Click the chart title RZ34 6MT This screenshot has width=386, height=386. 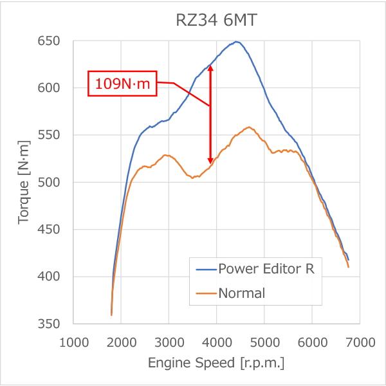(216, 20)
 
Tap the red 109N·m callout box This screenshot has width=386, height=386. (122, 84)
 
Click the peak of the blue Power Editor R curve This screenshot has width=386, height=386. (237, 42)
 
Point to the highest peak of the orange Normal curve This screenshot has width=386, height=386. (249, 127)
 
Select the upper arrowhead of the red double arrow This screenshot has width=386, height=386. (210, 68)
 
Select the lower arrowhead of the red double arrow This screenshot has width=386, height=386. (210, 160)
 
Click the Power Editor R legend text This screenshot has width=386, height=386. (266, 269)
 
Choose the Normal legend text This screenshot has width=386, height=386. (242, 293)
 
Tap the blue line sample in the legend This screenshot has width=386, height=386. (207, 270)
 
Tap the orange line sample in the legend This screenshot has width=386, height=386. (207, 293)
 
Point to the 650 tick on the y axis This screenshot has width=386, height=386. (49, 41)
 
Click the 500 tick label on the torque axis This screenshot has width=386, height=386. (49, 183)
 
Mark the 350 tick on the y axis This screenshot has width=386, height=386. (49, 324)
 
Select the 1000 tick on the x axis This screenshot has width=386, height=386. (74, 342)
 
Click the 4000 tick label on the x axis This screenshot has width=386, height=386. (217, 342)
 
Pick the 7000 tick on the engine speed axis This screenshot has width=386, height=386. (360, 342)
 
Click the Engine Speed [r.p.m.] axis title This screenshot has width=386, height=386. (216, 363)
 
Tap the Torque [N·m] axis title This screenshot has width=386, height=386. (24, 182)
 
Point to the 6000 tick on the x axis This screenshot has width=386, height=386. (313, 342)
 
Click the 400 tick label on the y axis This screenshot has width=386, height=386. (49, 277)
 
